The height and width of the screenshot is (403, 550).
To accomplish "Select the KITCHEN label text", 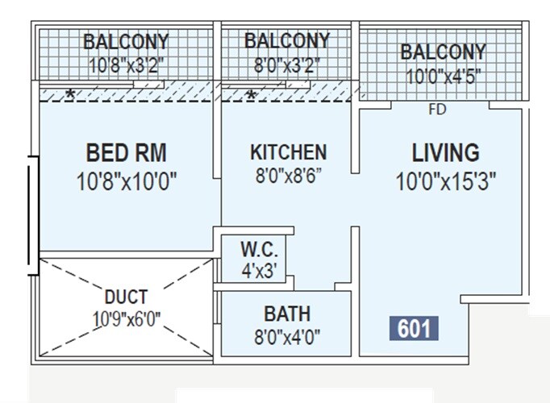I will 288,152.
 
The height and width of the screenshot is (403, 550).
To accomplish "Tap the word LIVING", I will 445,152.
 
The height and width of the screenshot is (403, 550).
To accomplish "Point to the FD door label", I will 437,110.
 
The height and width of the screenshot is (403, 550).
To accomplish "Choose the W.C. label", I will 259,247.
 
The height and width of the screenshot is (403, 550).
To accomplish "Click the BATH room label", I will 286,313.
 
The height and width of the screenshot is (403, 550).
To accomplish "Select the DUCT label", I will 127,296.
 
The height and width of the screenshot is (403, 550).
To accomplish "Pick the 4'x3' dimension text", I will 259,271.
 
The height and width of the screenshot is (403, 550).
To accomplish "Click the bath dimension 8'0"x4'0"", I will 286,335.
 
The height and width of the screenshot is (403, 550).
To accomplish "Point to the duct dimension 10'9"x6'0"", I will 127,318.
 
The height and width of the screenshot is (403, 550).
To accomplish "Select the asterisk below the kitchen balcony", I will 252,96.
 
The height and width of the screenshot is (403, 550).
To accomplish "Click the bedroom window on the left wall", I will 31,214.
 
